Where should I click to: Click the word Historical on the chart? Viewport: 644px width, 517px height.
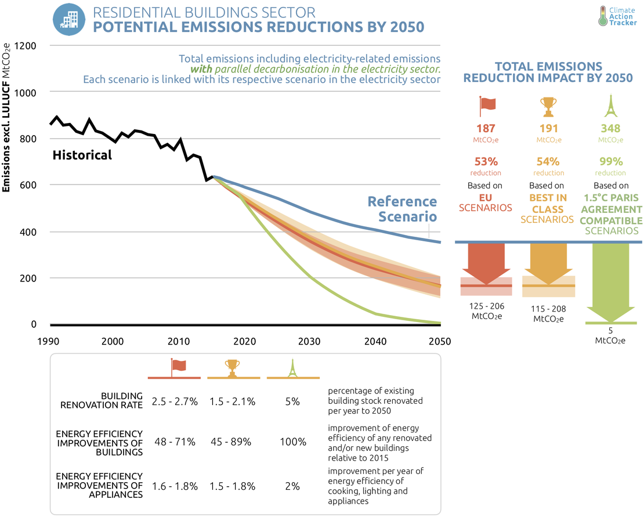82,156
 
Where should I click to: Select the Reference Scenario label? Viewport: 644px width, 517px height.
403,209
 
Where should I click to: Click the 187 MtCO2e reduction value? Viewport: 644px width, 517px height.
486,129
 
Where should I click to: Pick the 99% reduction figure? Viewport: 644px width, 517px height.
610,161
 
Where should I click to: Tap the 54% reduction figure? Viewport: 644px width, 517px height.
548,161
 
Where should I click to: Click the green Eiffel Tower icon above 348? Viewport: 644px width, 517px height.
610,106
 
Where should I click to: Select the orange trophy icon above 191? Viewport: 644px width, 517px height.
548,106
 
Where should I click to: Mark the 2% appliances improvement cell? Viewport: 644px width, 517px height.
292,486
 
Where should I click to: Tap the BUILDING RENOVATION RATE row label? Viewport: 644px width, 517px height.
102,400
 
